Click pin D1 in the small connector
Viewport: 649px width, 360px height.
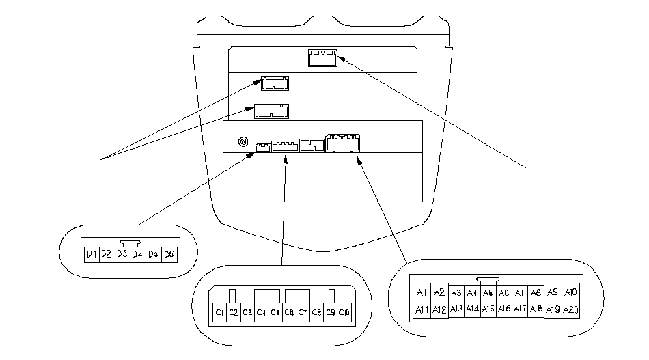point(90,254)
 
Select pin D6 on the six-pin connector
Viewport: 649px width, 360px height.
point(169,254)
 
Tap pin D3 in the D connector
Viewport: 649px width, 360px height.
point(122,254)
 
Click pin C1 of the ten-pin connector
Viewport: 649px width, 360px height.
point(220,312)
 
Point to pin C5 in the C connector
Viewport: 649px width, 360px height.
point(275,312)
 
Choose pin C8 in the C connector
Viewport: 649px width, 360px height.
point(317,312)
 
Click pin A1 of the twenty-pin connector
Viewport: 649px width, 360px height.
point(422,293)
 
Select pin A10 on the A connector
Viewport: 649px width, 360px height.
point(570,292)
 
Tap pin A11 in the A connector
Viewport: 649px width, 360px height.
point(422,309)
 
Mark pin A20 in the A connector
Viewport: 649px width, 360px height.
point(570,309)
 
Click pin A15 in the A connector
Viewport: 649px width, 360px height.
point(488,309)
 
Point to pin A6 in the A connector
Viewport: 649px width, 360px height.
point(504,293)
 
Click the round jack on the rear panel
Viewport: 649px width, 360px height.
point(243,142)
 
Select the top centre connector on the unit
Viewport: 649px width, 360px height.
point(322,57)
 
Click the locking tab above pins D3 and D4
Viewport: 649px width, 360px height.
point(129,242)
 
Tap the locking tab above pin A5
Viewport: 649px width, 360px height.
point(488,279)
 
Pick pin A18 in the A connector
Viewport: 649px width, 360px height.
point(536,309)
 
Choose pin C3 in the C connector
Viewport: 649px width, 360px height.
point(248,312)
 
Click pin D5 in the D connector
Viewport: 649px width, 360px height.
point(154,254)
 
